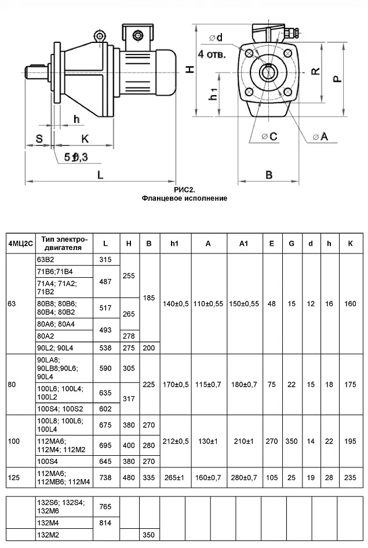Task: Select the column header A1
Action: click(243, 244)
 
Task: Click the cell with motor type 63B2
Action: click(45, 259)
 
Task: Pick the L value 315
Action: click(105, 259)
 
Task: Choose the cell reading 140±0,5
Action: click(176, 304)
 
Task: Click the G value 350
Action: click(292, 441)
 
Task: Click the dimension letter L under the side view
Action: click(101, 175)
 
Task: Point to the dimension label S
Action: click(39, 139)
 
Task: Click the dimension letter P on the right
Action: click(337, 76)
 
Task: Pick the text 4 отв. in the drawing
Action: click(213, 54)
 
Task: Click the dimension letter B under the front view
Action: click(269, 175)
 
